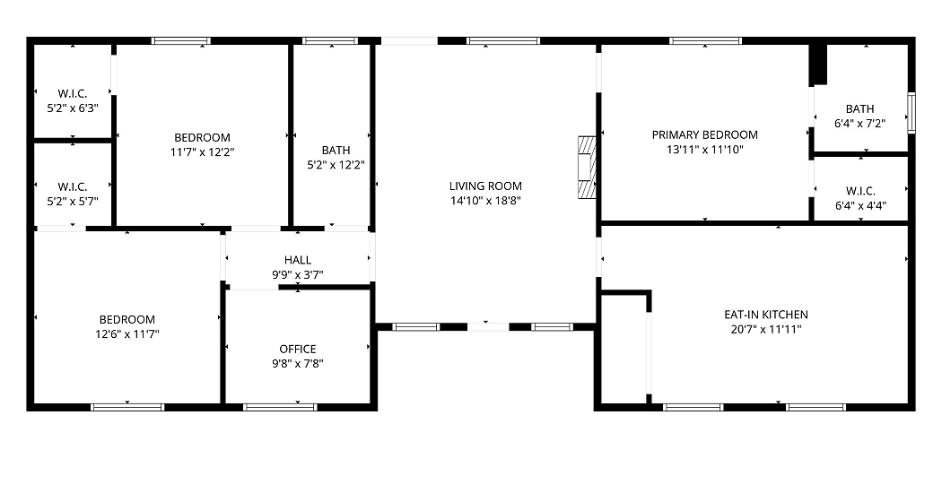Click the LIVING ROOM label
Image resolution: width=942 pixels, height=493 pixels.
click(x=485, y=186)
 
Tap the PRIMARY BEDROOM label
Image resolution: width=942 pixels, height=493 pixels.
click(x=704, y=134)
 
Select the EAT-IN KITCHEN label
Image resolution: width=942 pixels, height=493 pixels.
click(x=766, y=314)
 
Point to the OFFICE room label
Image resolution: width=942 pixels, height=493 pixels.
click(x=297, y=349)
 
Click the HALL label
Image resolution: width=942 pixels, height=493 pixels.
click(x=297, y=260)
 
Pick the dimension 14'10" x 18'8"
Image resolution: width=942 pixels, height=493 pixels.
click(x=485, y=201)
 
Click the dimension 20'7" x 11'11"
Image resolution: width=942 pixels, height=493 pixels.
click(x=766, y=329)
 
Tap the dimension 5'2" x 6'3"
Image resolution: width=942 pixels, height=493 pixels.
click(x=73, y=108)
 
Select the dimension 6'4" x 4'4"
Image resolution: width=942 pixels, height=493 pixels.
click(x=860, y=206)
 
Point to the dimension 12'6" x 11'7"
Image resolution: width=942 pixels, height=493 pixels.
click(x=127, y=334)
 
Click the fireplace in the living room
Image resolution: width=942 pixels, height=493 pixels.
click(x=587, y=167)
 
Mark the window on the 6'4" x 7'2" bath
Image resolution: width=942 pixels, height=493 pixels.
click(x=911, y=112)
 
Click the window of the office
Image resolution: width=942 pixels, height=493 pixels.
click(x=280, y=407)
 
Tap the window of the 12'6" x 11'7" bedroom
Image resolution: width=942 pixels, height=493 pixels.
click(x=127, y=407)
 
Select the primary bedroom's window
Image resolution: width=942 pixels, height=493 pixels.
click(x=705, y=41)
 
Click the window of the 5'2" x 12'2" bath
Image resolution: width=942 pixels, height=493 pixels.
click(x=330, y=41)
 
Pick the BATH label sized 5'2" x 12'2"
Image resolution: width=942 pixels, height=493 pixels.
click(x=336, y=150)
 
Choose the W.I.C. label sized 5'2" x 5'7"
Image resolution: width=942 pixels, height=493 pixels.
click(x=73, y=186)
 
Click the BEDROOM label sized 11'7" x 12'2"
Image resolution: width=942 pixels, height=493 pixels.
click(x=203, y=137)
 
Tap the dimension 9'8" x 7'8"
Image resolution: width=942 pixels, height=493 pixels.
click(x=297, y=363)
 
